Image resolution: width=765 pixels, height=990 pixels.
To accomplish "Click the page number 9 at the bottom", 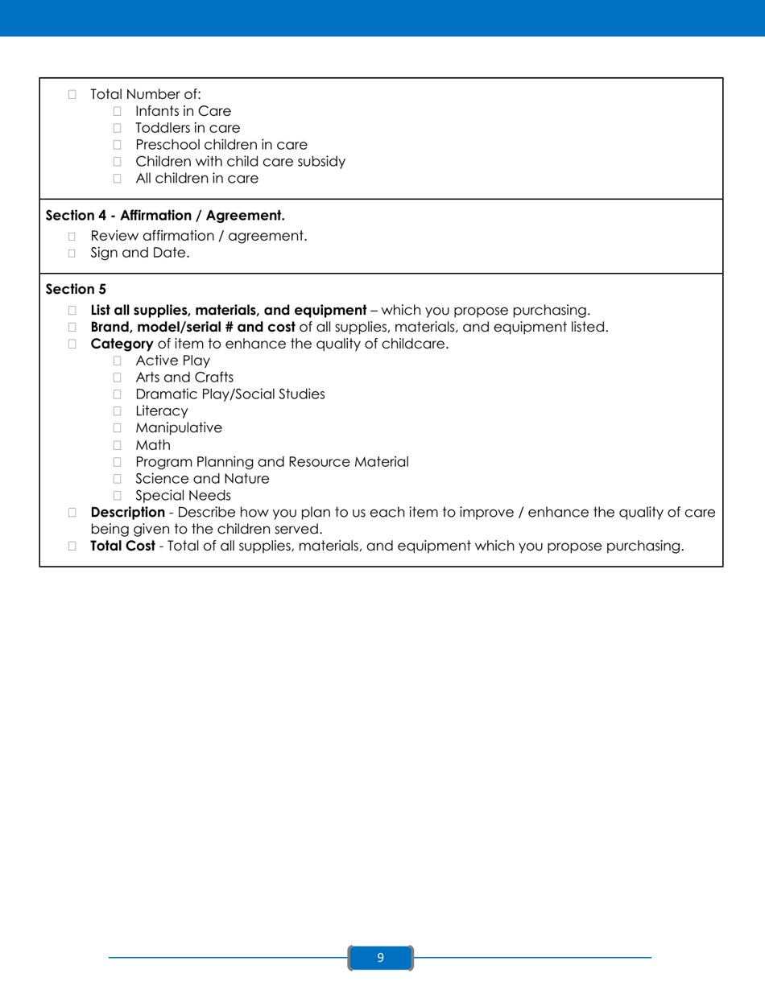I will pyautogui.click(x=381, y=958).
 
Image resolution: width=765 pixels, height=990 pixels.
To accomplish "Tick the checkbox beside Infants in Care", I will pyautogui.click(x=117, y=111).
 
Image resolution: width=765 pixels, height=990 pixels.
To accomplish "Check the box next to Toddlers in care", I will pyautogui.click(x=117, y=128).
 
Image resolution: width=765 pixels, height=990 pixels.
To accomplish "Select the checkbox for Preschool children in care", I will pyautogui.click(x=117, y=145).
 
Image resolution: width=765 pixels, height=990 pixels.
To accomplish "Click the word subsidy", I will pyautogui.click(x=320, y=162).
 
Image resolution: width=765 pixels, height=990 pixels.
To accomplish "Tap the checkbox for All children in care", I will pyautogui.click(x=117, y=179).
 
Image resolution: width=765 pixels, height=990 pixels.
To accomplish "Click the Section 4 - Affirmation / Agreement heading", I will pyautogui.click(x=165, y=217).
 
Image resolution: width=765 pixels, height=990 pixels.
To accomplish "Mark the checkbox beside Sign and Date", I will pyautogui.click(x=72, y=254).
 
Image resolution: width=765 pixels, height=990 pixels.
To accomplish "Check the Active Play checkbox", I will pyautogui.click(x=117, y=361).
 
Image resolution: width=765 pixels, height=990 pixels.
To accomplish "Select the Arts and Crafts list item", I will pyautogui.click(x=184, y=377).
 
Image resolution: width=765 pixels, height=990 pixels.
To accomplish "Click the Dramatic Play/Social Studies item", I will pyautogui.click(x=230, y=394).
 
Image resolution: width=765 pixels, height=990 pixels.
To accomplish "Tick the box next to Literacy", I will pyautogui.click(x=117, y=411).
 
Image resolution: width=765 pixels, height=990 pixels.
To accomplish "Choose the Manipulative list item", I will pyautogui.click(x=179, y=428).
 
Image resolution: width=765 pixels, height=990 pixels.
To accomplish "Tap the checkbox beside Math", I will pyautogui.click(x=117, y=445).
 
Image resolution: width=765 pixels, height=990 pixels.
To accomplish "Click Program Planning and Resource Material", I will pyautogui.click(x=271, y=462).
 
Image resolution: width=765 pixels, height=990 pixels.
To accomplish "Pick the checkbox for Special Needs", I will pyautogui.click(x=117, y=496).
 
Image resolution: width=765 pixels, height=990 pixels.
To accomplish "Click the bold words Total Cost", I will pyautogui.click(x=122, y=547).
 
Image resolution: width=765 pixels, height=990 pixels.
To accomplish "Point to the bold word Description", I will pyautogui.click(x=127, y=512).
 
